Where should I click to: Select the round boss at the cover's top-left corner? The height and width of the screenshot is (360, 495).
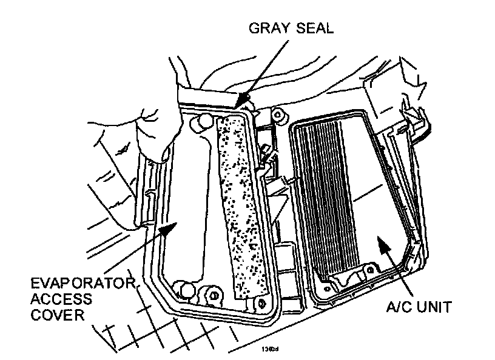pyautogui.click(x=198, y=125)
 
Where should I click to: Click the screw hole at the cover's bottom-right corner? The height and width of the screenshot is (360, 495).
pyautogui.click(x=261, y=302)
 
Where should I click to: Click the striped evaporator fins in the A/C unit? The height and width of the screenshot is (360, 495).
pyautogui.click(x=328, y=194)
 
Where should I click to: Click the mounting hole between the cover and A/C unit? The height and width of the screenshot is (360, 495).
pyautogui.click(x=278, y=113)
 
